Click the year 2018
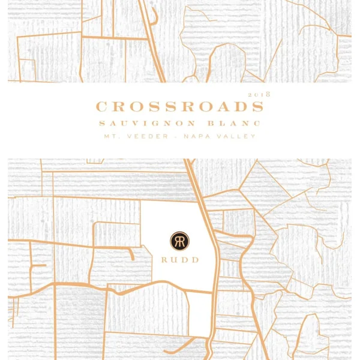(259, 95)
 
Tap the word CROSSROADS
(179, 107)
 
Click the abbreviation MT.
(110, 137)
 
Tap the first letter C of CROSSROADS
(101, 107)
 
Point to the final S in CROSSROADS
(257, 107)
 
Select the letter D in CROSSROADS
(239, 107)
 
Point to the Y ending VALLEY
(253, 137)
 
